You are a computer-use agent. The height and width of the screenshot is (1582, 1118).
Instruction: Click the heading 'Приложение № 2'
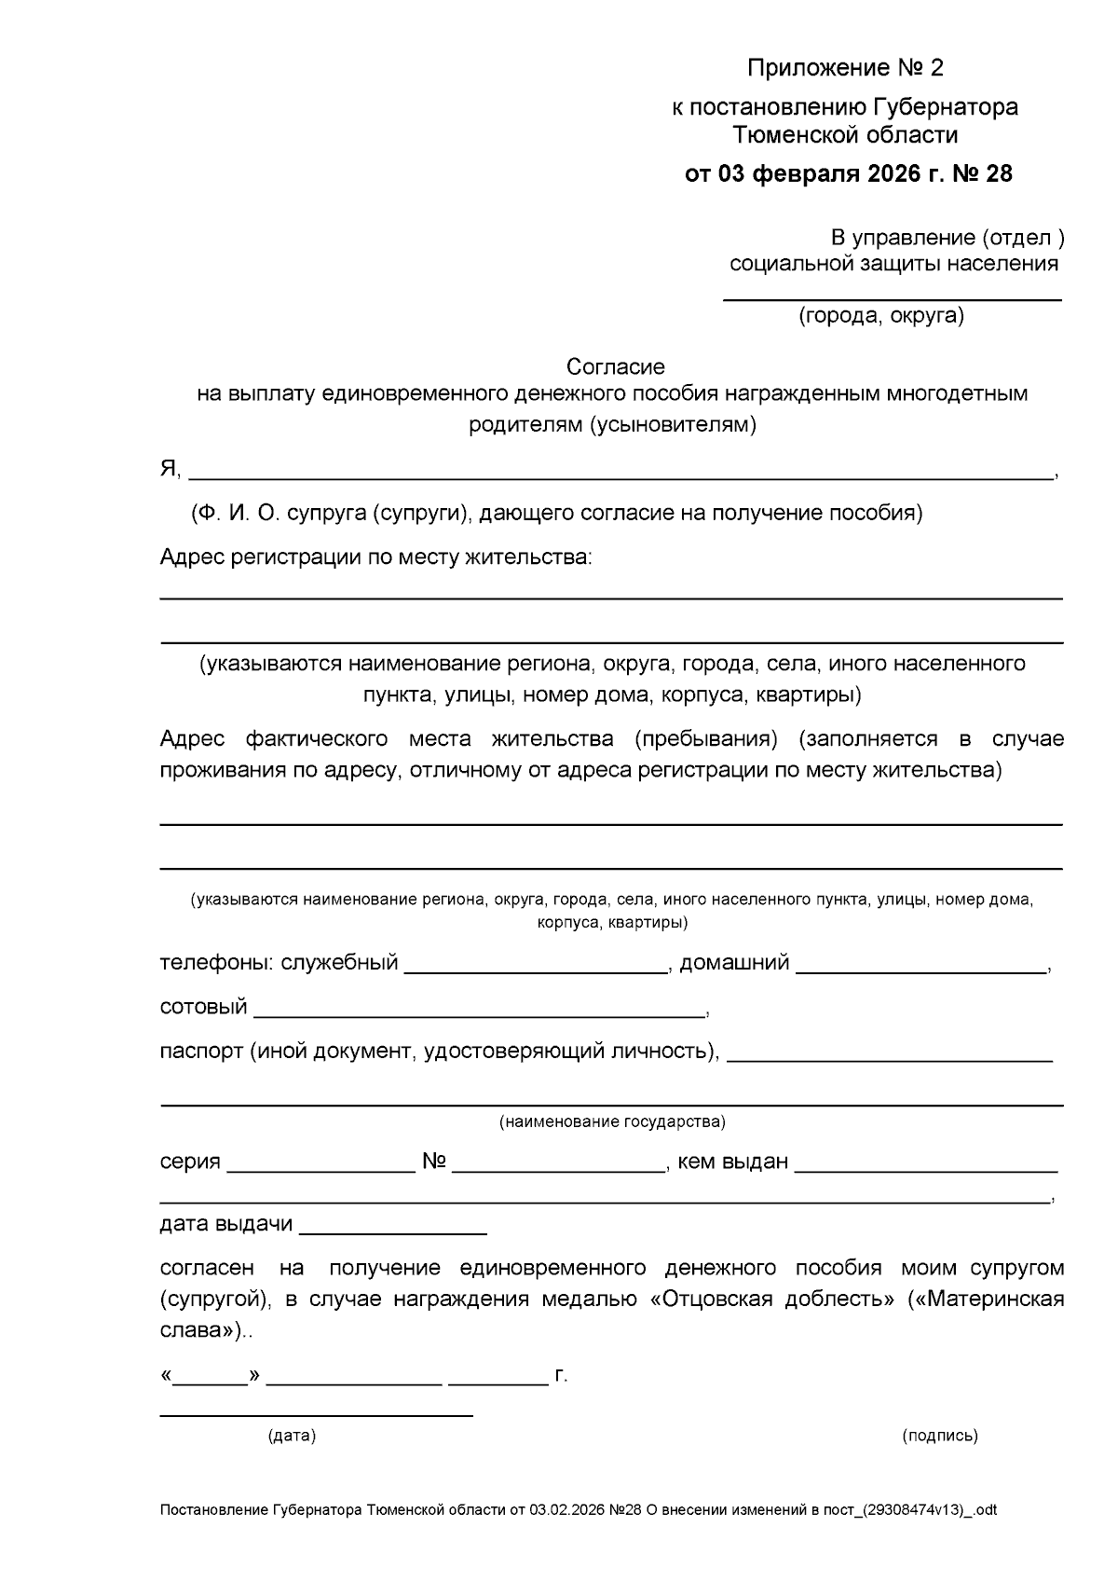(x=846, y=68)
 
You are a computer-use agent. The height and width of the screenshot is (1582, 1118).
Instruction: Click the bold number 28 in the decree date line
(x=998, y=174)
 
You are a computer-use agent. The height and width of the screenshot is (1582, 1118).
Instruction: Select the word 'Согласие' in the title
(x=616, y=367)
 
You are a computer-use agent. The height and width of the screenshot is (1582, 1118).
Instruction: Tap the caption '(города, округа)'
(x=880, y=316)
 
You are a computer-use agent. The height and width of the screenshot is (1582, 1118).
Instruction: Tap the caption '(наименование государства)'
(x=612, y=1121)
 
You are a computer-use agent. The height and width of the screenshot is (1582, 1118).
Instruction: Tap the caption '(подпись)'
(x=939, y=1436)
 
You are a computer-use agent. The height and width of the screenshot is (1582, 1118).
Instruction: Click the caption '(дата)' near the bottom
(x=292, y=1436)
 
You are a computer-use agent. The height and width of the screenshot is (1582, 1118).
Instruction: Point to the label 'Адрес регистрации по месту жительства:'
(x=375, y=557)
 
